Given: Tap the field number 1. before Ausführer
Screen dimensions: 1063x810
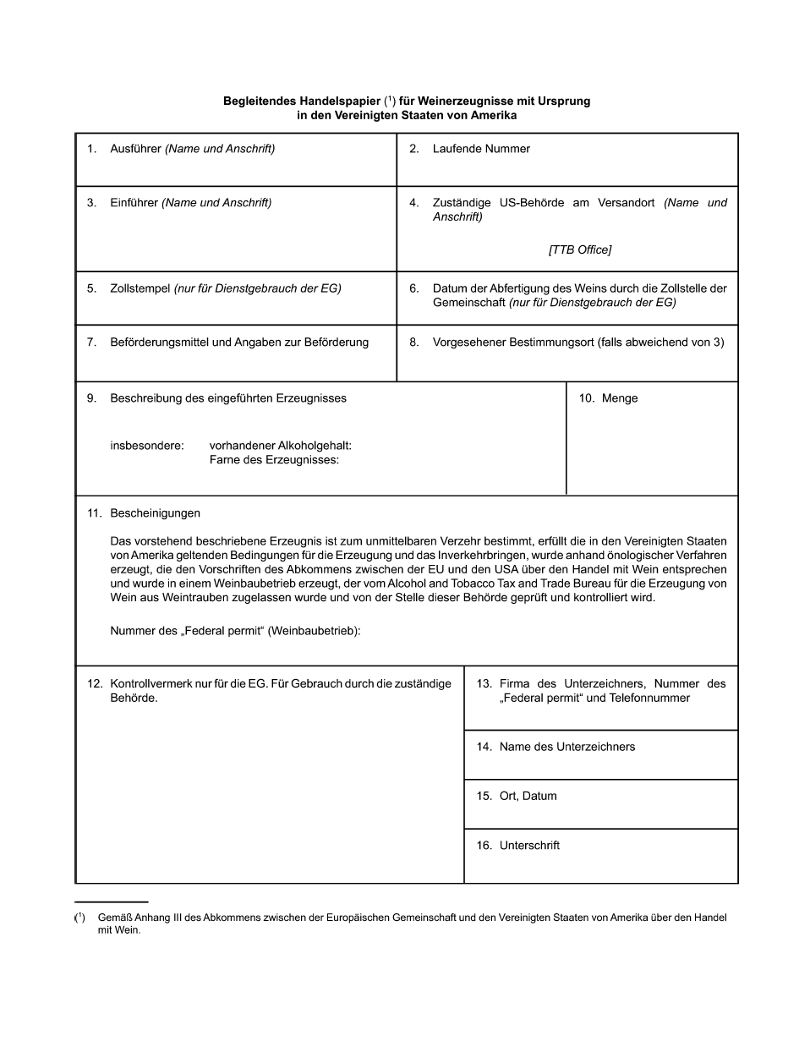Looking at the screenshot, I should (91, 149).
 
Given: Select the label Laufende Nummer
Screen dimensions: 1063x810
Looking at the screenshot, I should (481, 149).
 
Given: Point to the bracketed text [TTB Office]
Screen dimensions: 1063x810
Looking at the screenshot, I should (580, 249).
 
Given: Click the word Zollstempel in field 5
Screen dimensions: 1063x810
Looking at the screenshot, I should (140, 288).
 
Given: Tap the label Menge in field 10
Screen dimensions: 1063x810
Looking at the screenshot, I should (620, 398).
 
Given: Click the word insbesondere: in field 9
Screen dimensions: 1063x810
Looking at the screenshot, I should (147, 446).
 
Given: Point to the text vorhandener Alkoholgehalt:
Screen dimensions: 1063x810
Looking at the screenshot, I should (280, 446).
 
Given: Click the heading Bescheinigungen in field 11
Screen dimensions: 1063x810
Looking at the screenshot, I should (155, 513).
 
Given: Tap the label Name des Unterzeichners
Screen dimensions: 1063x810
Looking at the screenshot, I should (566, 747).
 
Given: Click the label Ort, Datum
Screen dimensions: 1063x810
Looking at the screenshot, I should (528, 796).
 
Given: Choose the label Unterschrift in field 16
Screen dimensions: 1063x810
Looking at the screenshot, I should (529, 846).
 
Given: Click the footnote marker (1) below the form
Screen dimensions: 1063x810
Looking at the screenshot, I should (79, 918).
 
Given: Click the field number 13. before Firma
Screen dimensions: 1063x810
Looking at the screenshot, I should (484, 683).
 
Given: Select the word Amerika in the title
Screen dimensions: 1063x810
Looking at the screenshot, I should (494, 116).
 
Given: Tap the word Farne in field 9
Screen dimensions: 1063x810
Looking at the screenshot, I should (224, 460).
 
